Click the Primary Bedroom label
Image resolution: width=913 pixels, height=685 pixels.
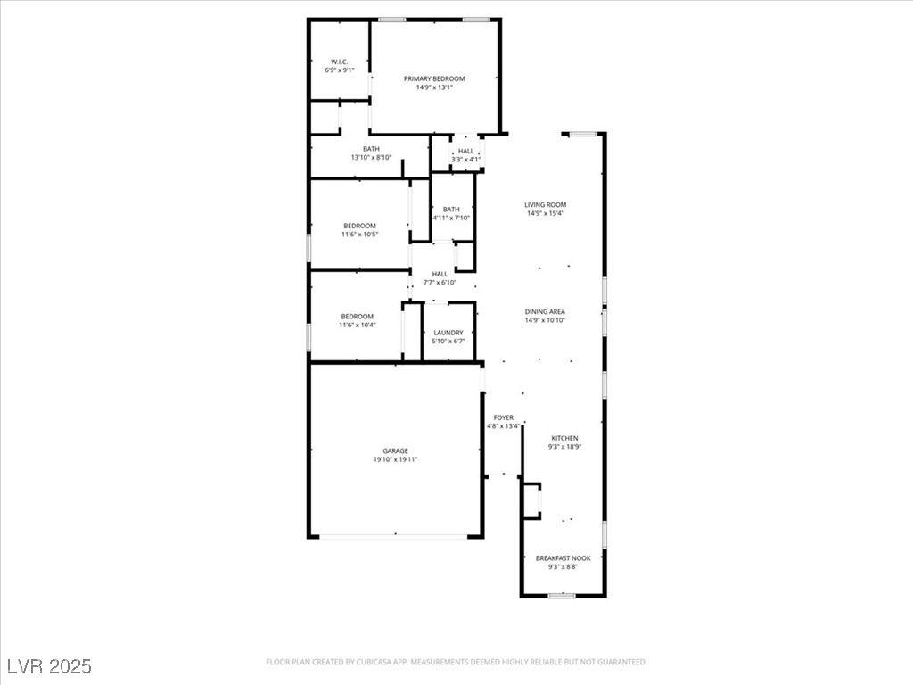pyautogui.click(x=434, y=78)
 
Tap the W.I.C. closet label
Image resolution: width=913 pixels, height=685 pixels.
pyautogui.click(x=340, y=62)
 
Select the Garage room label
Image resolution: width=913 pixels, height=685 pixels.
pyautogui.click(x=395, y=450)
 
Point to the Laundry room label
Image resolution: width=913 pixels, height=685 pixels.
pyautogui.click(x=448, y=333)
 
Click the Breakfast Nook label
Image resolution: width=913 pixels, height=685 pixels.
pyautogui.click(x=563, y=558)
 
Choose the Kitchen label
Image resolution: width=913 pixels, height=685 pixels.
pyautogui.click(x=564, y=438)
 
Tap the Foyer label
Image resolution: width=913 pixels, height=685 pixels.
pyautogui.click(x=504, y=417)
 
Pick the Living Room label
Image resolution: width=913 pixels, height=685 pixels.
pyautogui.click(x=546, y=205)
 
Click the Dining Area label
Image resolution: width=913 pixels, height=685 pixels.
pyautogui.click(x=545, y=311)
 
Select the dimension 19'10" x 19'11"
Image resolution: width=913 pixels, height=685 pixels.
pyautogui.click(x=395, y=459)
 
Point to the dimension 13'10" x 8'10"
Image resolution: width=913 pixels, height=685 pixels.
pyautogui.click(x=371, y=157)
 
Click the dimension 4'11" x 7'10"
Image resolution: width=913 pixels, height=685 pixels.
pyautogui.click(x=451, y=218)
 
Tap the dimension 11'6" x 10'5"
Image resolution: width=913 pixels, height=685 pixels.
pyautogui.click(x=360, y=235)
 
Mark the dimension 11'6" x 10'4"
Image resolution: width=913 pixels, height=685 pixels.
pyautogui.click(x=358, y=325)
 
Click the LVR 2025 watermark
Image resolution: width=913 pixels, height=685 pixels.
pyautogui.click(x=50, y=665)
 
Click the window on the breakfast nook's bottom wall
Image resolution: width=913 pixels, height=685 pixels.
pyautogui.click(x=562, y=595)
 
